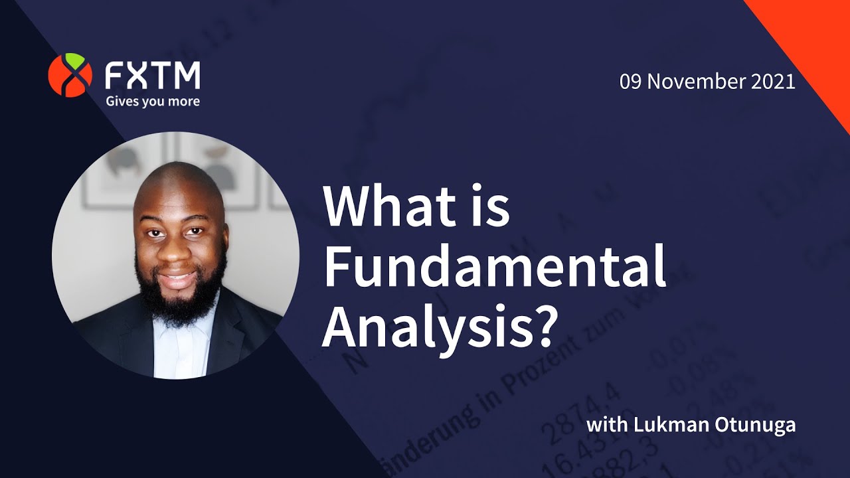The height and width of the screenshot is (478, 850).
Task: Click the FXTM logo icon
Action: tap(70, 75)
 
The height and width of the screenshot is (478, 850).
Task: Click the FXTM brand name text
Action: tap(152, 76)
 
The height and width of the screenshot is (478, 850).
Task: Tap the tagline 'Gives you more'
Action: tap(152, 102)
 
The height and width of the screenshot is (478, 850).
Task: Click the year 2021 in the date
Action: tap(774, 82)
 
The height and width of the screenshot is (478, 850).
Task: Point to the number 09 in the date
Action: tap(631, 82)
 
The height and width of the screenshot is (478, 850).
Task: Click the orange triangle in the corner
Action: tap(817, 40)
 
